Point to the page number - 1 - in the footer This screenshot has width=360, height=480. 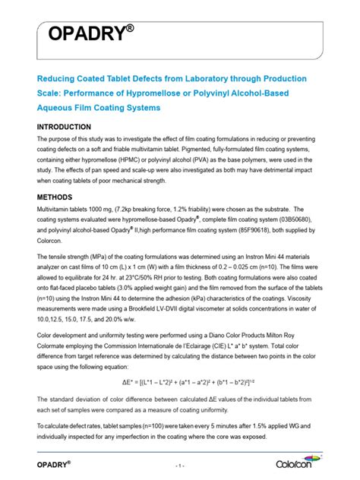(x=179, y=464)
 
